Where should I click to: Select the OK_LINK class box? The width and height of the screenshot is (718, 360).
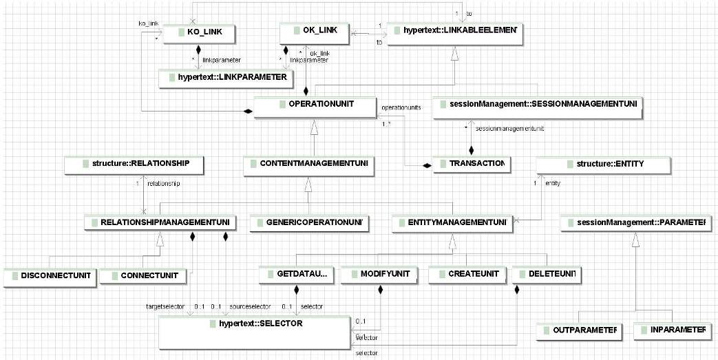(x=315, y=32)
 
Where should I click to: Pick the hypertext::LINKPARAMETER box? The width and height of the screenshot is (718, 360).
(x=223, y=77)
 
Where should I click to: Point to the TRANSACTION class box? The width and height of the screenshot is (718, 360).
(x=470, y=165)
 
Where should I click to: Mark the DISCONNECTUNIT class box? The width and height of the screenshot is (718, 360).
(x=47, y=276)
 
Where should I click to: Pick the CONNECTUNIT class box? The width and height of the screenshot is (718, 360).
(x=142, y=276)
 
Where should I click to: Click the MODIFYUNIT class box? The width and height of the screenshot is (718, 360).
(x=380, y=275)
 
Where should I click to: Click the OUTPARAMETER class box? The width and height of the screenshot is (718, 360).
(x=577, y=330)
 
